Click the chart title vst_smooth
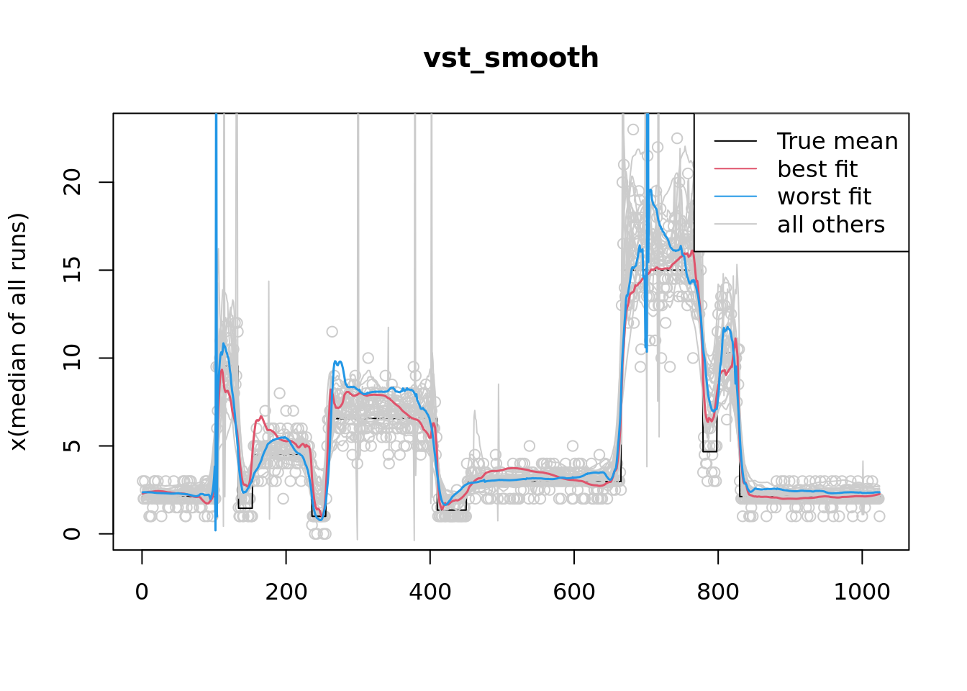511,58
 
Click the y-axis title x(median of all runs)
18,332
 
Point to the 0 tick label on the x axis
142,592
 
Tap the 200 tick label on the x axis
286,592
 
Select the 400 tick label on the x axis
430,592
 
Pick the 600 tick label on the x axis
573,592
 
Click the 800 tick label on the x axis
717,592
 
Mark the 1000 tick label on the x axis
861,592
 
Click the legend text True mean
837,141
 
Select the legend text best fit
817,169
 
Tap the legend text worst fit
825,197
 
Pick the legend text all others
831,225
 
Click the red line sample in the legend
735,169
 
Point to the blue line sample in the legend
735,197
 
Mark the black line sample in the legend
735,141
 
